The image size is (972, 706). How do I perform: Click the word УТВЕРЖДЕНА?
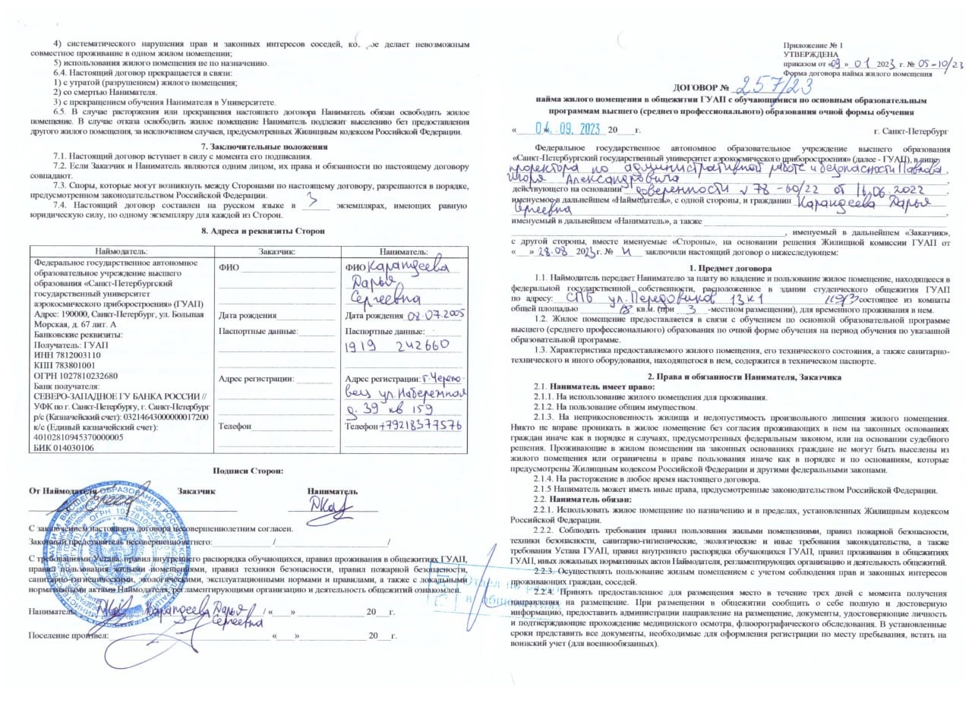click(811, 55)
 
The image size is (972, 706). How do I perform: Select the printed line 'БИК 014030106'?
click(64, 448)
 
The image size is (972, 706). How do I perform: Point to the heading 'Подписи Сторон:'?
click(248, 471)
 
